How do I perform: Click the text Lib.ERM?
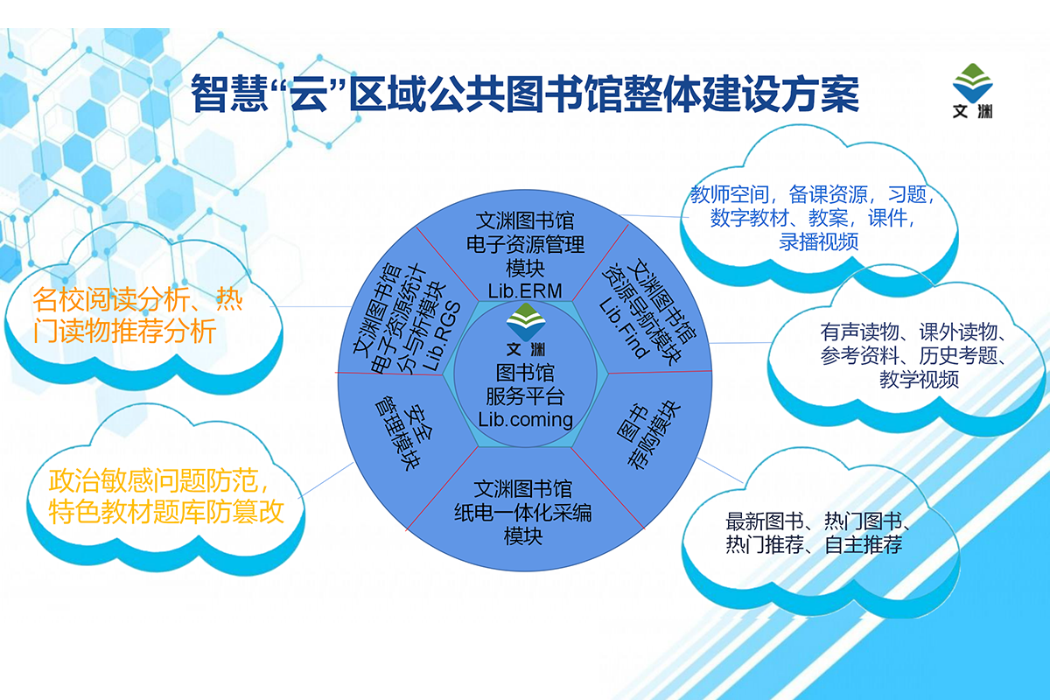point(525,290)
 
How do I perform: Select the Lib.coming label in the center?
point(525,418)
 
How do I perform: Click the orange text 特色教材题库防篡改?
point(167,511)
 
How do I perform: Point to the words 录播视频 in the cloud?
point(818,241)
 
